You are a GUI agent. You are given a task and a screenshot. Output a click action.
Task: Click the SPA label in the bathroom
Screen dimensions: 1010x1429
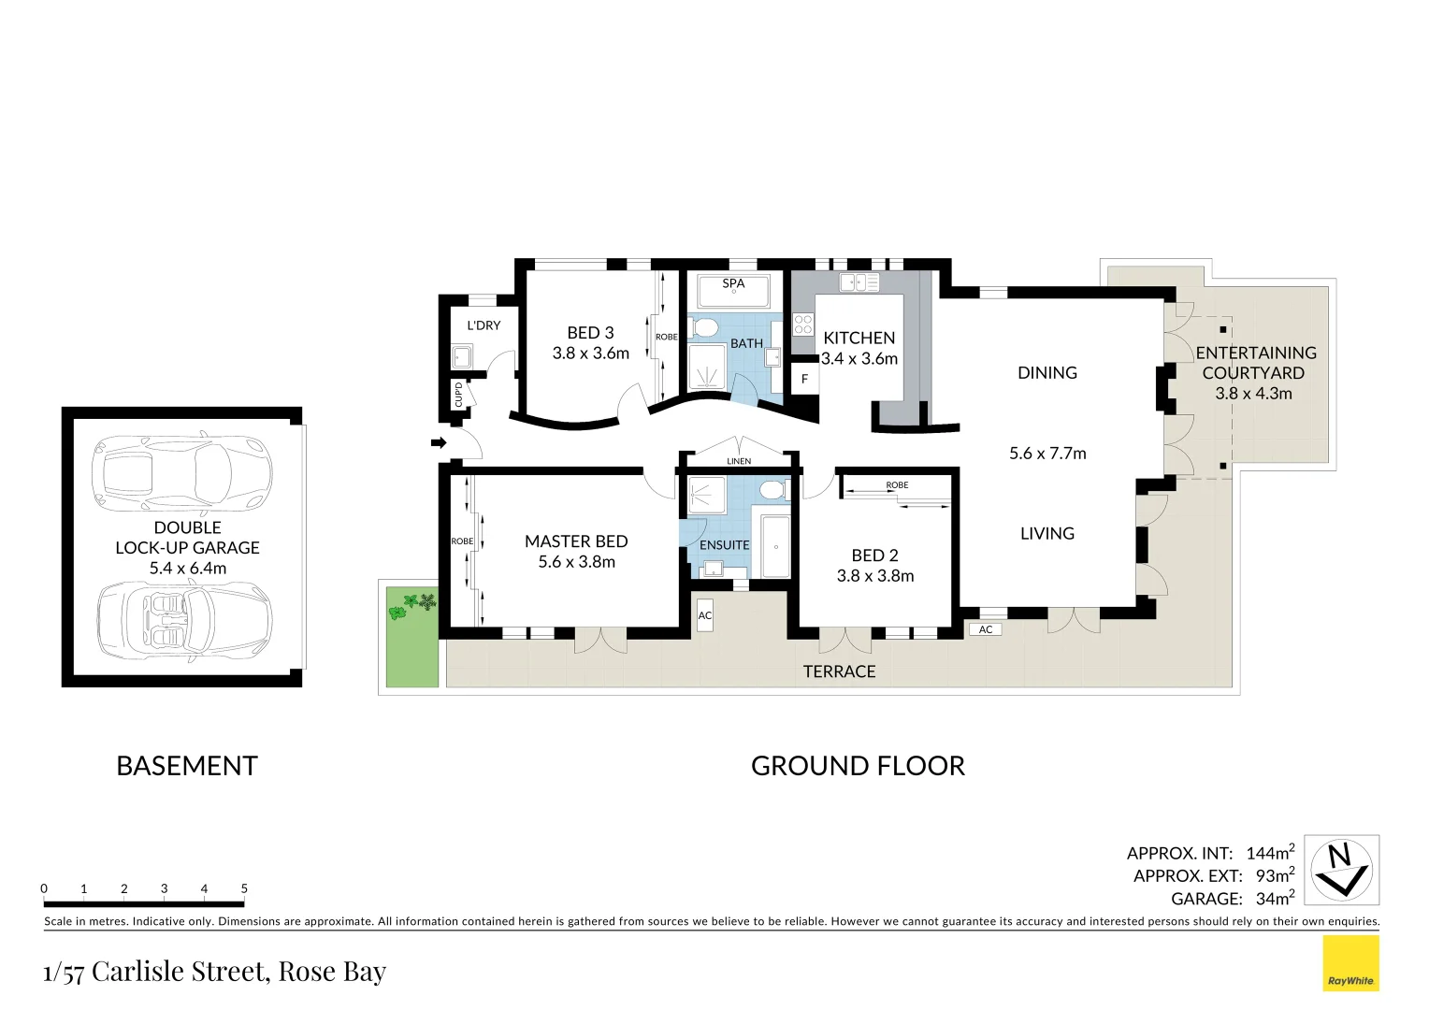[x=733, y=283]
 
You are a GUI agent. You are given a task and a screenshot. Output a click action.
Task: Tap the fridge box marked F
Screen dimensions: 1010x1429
[x=804, y=379]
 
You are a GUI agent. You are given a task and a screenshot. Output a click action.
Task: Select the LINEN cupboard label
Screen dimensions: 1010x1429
[x=739, y=461]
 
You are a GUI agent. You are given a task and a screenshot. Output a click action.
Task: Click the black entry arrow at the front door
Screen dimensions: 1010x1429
[x=438, y=442]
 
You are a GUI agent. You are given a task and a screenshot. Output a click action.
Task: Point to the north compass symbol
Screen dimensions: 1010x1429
[x=1342, y=870]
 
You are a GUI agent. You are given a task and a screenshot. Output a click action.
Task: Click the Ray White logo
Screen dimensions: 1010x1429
[x=1350, y=964]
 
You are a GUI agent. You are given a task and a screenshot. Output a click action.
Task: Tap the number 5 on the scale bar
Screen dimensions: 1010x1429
[x=244, y=888]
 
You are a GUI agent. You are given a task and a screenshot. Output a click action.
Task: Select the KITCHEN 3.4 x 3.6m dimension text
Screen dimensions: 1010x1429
[x=859, y=358]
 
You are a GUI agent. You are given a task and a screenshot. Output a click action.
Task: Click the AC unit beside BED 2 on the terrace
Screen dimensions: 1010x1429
[x=986, y=629]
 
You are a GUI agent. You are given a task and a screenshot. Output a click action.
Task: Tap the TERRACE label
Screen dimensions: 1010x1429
[x=839, y=671]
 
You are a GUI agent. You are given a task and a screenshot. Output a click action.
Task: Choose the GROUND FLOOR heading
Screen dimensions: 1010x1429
[x=858, y=766]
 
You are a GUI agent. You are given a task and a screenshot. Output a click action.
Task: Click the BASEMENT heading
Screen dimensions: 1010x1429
[x=186, y=766]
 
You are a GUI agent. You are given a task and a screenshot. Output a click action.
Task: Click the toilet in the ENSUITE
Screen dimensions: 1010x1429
[x=772, y=491]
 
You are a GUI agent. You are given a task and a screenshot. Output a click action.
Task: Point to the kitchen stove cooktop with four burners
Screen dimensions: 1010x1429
[x=803, y=325]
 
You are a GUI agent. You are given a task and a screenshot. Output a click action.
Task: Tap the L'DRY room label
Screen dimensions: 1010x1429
[x=484, y=325]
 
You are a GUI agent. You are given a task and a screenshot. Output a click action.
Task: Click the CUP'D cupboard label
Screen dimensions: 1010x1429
[x=458, y=394]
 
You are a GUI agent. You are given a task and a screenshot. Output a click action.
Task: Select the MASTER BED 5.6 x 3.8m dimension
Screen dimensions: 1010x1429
[x=576, y=562]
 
